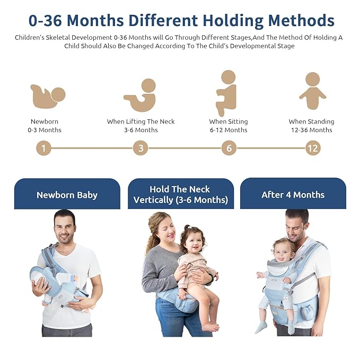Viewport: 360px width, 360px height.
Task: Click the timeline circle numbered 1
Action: [43, 148]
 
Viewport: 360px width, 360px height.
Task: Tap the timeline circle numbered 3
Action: [141, 148]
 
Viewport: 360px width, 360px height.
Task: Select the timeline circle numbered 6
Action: [229, 148]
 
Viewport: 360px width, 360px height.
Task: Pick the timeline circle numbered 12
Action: [313, 148]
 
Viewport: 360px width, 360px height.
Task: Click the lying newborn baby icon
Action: [47, 96]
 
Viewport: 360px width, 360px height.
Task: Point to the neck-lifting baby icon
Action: [141, 95]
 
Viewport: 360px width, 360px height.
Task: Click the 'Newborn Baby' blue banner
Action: [67, 195]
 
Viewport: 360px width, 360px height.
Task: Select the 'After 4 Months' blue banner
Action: [293, 194]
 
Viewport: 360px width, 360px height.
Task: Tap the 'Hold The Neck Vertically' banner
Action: [180, 194]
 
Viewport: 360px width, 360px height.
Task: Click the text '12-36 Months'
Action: [311, 130]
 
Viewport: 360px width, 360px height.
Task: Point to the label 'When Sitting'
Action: [229, 121]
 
